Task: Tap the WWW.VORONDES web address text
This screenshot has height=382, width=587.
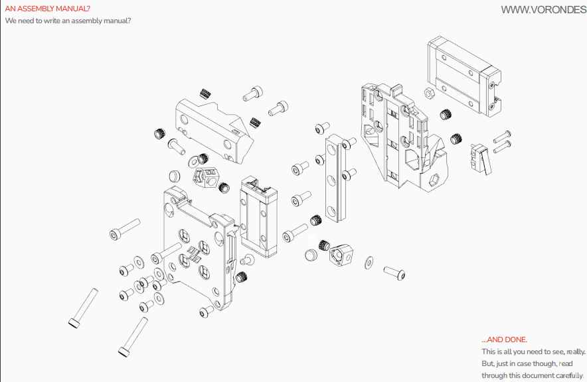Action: (x=544, y=10)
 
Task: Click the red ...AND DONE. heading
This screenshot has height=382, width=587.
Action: (x=504, y=340)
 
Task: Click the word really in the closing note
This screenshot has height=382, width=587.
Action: (x=576, y=351)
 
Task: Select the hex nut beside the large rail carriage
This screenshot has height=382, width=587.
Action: (x=429, y=93)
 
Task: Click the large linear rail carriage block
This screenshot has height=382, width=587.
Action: (x=464, y=76)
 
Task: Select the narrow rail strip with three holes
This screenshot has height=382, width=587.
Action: (x=336, y=178)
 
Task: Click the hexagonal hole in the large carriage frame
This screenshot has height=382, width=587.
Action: (x=434, y=180)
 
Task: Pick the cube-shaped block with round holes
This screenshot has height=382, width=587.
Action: (x=206, y=176)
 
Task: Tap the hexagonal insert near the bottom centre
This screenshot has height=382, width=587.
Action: (x=341, y=255)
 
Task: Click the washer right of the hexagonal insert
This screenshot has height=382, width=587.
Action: (x=369, y=263)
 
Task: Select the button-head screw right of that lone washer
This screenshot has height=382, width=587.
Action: (x=394, y=273)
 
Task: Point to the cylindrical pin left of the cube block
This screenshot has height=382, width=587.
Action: (x=174, y=176)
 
